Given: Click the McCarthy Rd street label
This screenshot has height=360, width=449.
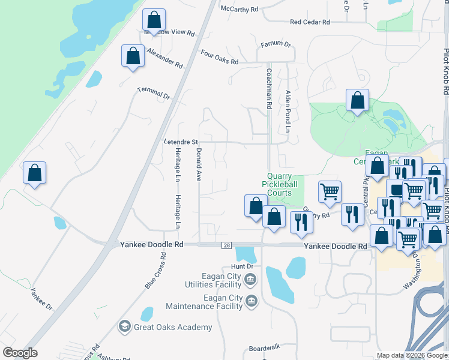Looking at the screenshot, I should (239, 10).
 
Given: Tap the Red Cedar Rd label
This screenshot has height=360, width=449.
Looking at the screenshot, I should (310, 22).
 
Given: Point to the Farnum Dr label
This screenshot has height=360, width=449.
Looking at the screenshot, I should (276, 45).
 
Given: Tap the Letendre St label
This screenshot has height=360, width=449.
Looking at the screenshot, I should (181, 142).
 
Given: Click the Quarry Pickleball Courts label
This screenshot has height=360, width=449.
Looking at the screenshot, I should (280, 184).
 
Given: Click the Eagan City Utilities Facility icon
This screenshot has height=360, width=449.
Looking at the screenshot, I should (251, 279).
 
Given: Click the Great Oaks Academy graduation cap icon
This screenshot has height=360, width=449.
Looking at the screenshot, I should (125, 326).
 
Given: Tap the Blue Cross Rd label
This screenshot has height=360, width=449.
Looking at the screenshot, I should (154, 271).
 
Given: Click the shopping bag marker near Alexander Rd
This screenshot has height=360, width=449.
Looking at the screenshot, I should (133, 56).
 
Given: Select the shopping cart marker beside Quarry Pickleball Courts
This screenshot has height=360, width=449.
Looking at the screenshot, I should (330, 192).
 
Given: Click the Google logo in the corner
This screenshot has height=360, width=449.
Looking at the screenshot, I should (20, 353).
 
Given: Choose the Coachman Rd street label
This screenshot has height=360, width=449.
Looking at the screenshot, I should (269, 88).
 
